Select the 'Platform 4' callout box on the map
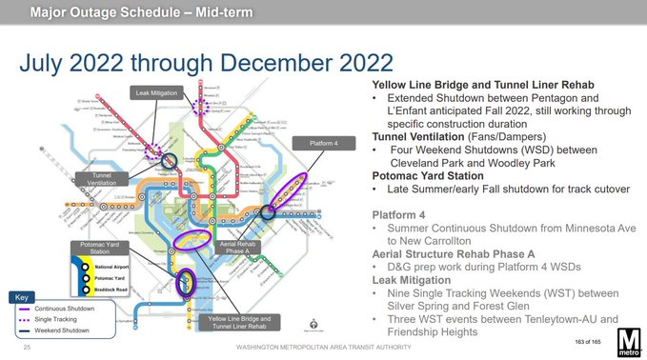(323, 143)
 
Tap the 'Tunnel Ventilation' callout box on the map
(101, 179)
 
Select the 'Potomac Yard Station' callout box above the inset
(99, 249)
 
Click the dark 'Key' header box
(22, 298)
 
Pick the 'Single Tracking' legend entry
(58, 320)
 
